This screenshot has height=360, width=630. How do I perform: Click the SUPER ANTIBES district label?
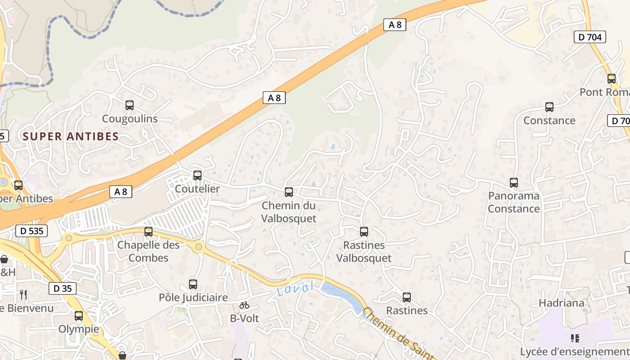[x=71, y=136]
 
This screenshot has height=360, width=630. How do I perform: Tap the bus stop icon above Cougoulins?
[x=130, y=105]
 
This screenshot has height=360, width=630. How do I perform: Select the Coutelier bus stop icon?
[x=198, y=175]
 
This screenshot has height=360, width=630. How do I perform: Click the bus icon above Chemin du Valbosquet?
[x=289, y=192]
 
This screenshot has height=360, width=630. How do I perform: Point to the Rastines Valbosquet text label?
[x=364, y=252]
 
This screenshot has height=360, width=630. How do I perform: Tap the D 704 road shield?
[x=589, y=37]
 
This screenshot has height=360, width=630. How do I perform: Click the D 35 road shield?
[x=62, y=288]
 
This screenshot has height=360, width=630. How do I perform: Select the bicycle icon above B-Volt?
[x=244, y=305]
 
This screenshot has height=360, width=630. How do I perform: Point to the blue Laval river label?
[x=295, y=288]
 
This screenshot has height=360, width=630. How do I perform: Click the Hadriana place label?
[x=561, y=303]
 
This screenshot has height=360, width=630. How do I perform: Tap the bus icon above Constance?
[x=549, y=107]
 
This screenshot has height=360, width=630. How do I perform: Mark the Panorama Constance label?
[x=514, y=202]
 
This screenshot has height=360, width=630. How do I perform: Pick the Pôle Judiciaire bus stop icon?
[x=193, y=284]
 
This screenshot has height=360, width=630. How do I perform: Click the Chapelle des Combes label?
[x=148, y=252]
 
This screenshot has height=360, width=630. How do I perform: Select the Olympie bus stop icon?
[x=79, y=316]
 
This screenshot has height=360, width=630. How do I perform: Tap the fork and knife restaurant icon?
[x=23, y=295]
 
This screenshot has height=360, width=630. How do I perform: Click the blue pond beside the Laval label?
[x=340, y=295]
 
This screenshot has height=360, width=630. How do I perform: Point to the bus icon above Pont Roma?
[x=612, y=79]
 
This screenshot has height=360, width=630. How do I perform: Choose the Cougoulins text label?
[x=130, y=119]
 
